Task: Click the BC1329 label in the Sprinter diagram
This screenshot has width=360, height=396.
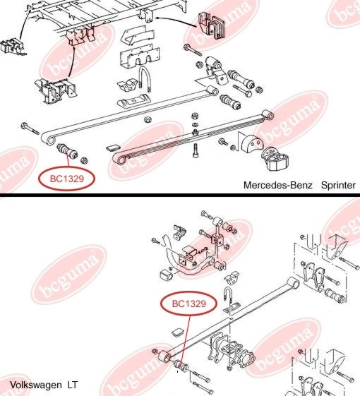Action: (x=66, y=179)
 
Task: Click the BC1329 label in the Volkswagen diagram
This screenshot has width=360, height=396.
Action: (x=189, y=304)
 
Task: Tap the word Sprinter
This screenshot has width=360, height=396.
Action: (x=338, y=185)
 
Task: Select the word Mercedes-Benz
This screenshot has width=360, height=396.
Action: (x=278, y=185)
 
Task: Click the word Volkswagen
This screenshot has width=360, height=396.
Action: (x=35, y=385)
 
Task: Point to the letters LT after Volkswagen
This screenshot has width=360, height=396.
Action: (x=72, y=385)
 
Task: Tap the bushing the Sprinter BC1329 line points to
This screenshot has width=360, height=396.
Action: (x=68, y=151)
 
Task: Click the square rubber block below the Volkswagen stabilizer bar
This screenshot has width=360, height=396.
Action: (x=167, y=275)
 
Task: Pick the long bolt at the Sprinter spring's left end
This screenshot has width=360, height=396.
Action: (x=30, y=128)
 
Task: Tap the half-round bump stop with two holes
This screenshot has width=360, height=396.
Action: (x=253, y=144)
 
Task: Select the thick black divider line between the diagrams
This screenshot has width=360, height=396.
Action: (x=180, y=195)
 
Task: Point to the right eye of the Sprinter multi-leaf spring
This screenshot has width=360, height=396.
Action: (x=268, y=115)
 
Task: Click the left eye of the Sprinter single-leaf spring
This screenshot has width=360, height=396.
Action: (x=49, y=140)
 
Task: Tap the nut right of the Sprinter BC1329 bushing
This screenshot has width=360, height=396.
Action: (x=84, y=160)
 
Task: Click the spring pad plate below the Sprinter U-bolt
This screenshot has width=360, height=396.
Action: (x=135, y=100)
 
